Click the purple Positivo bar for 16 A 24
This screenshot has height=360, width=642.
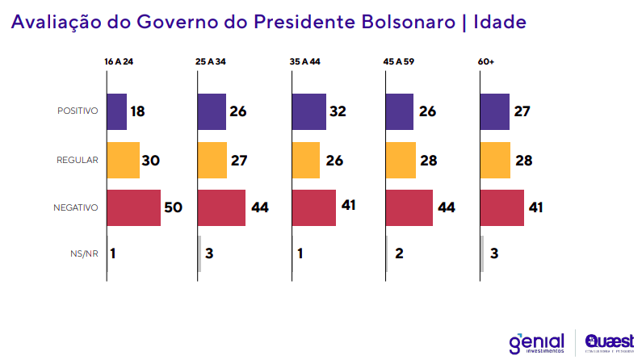pos(117,111)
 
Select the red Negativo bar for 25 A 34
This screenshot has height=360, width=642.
pos(222,207)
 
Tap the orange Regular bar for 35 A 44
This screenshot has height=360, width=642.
pos(306,160)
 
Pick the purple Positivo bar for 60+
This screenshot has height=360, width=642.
pos(495,111)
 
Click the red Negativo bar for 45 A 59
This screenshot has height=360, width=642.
pos(409,207)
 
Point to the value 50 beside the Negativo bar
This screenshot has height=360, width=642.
pos(174,207)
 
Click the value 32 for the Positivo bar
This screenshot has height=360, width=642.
pos(338,111)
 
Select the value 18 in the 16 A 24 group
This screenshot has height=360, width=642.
pos(137,111)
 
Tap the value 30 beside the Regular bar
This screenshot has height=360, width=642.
pos(150,160)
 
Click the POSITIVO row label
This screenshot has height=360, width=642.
pos(78,111)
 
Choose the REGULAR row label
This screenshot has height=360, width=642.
pos(79,160)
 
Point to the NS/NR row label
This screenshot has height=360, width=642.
pos(84,253)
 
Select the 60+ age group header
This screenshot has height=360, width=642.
pos(488,61)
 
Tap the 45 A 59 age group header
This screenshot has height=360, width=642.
pos(399,61)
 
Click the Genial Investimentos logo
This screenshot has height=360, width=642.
pos(536,343)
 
